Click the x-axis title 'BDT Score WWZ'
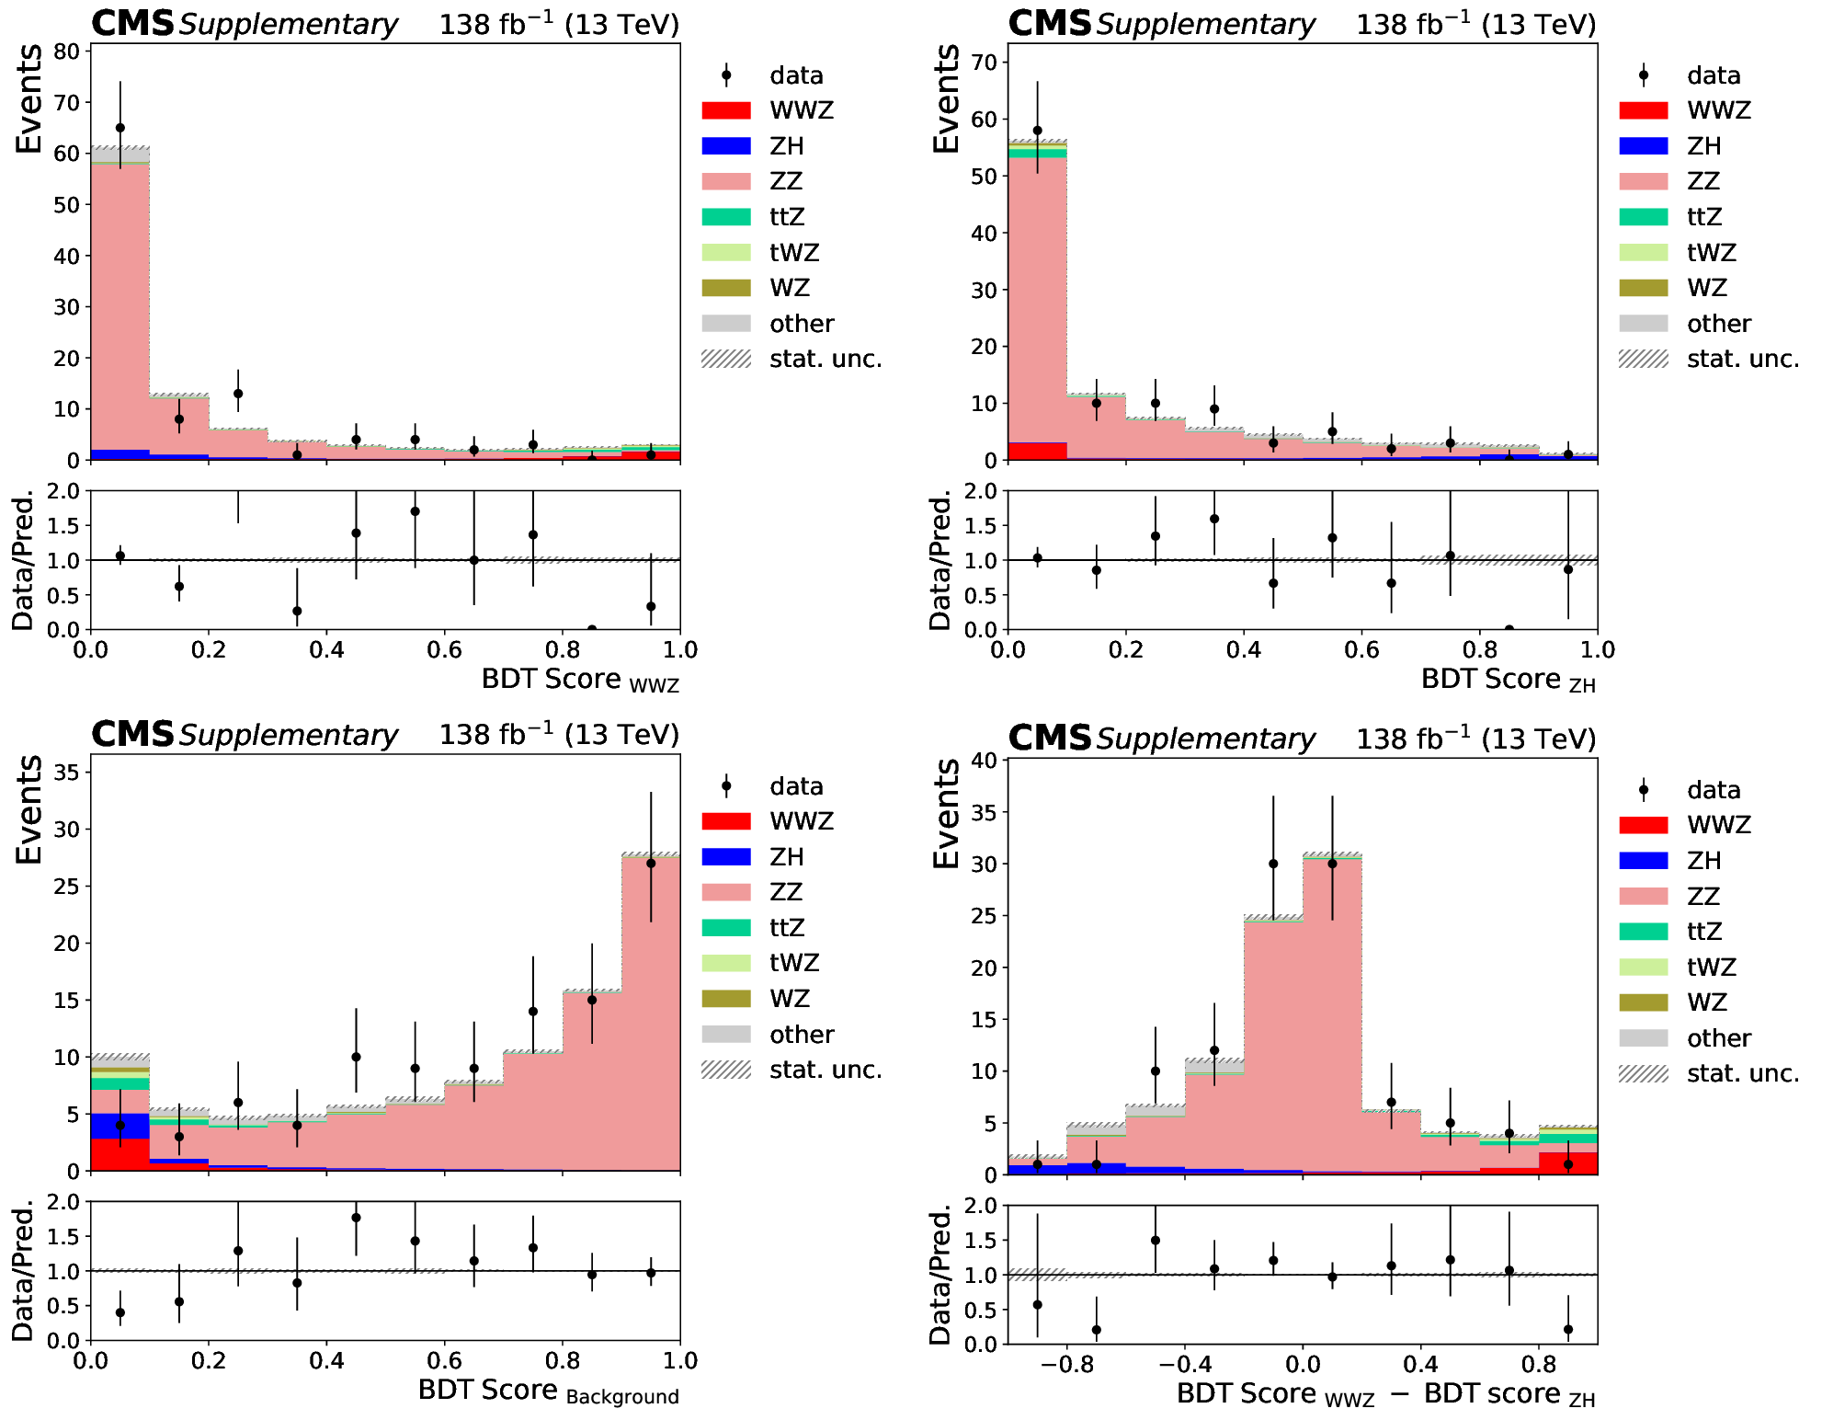pyautogui.click(x=580, y=681)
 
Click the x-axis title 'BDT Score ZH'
pyautogui.click(x=1508, y=681)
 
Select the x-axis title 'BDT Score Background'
pyautogui.click(x=548, y=1391)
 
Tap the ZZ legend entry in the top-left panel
pyautogui.click(x=786, y=181)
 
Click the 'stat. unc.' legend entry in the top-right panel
pyautogui.click(x=1742, y=359)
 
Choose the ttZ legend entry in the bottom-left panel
pyautogui.click(x=787, y=927)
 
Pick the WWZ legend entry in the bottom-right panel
pyautogui.click(x=1718, y=825)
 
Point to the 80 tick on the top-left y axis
pyautogui.click(x=66, y=52)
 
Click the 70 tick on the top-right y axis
pyautogui.click(x=984, y=63)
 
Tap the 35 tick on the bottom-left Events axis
pyautogui.click(x=66, y=773)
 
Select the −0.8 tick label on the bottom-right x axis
pyautogui.click(x=1066, y=1364)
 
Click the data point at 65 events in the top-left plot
pyautogui.click(x=120, y=128)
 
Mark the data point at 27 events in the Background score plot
pyautogui.click(x=651, y=863)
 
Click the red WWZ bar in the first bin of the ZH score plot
pyautogui.click(x=1037, y=451)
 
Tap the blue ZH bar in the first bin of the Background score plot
pyautogui.click(x=120, y=1126)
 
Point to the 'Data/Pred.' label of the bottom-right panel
pyautogui.click(x=939, y=1276)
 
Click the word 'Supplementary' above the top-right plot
pyautogui.click(x=1205, y=25)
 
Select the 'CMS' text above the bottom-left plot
pyautogui.click(x=132, y=734)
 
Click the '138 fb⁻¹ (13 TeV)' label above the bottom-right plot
pyautogui.click(x=1476, y=739)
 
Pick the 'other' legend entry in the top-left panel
pyautogui.click(x=802, y=324)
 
